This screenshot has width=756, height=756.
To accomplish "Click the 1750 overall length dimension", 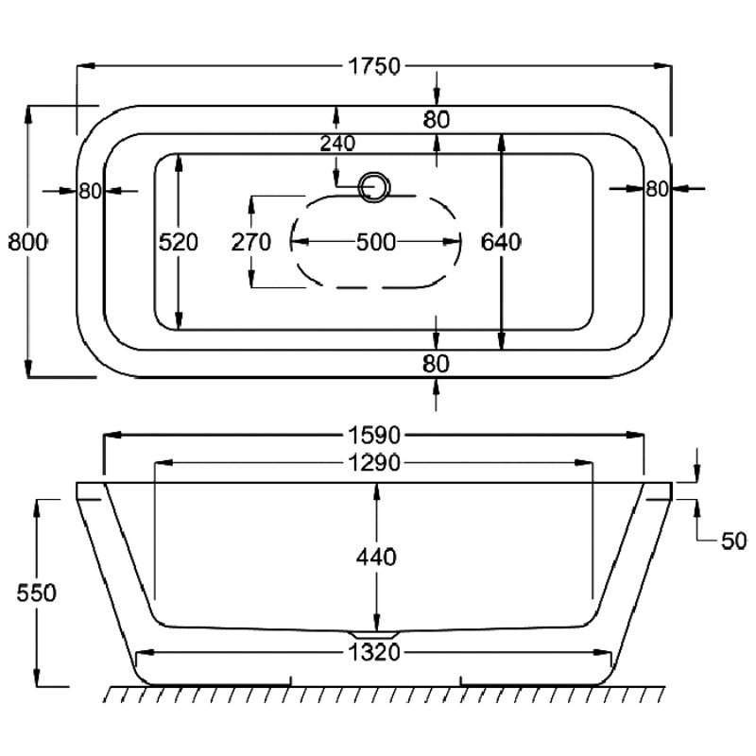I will [375, 66].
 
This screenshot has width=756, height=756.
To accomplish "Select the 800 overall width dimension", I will [28, 241].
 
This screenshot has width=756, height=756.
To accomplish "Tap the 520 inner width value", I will [178, 242].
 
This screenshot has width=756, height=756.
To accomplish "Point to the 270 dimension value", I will [251, 242].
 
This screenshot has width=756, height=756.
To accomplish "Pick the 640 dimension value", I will [501, 242].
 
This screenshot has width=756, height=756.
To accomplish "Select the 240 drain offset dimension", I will [337, 144].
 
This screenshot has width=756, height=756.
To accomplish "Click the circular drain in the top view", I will [375, 186].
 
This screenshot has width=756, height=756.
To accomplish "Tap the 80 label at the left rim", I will [90, 190].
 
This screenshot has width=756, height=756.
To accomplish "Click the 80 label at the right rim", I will [657, 189].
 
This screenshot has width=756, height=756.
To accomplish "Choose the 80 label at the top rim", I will [436, 119].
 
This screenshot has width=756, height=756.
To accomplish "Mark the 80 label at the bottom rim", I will [436, 363].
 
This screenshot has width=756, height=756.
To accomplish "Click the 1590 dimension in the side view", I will [375, 436].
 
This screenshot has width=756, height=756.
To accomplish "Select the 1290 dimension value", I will [375, 463].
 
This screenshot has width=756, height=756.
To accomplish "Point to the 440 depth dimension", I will [377, 557].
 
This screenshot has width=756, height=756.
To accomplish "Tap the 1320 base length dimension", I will [375, 651].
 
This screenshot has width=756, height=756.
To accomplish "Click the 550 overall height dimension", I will [37, 593].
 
